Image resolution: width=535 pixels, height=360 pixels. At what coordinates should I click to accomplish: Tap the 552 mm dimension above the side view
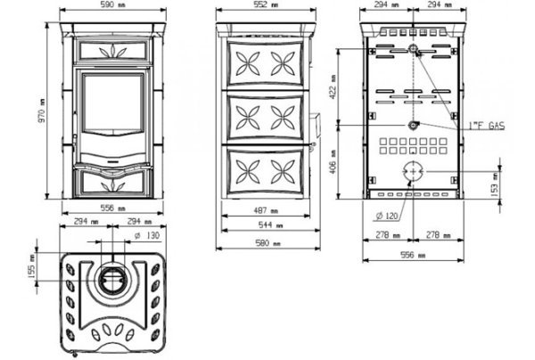click(265, 6)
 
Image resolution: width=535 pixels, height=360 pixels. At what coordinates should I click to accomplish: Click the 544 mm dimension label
click(265, 227)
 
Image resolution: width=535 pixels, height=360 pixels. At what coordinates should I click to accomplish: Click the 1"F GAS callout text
click(487, 127)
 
